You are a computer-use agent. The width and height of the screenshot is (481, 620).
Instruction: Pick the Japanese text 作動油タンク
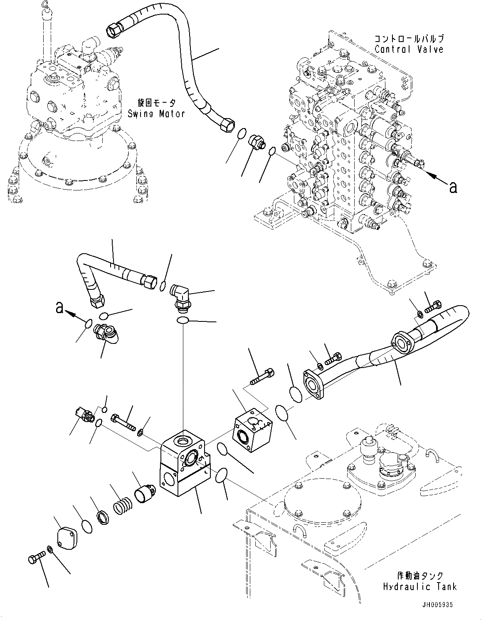[420, 576]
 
